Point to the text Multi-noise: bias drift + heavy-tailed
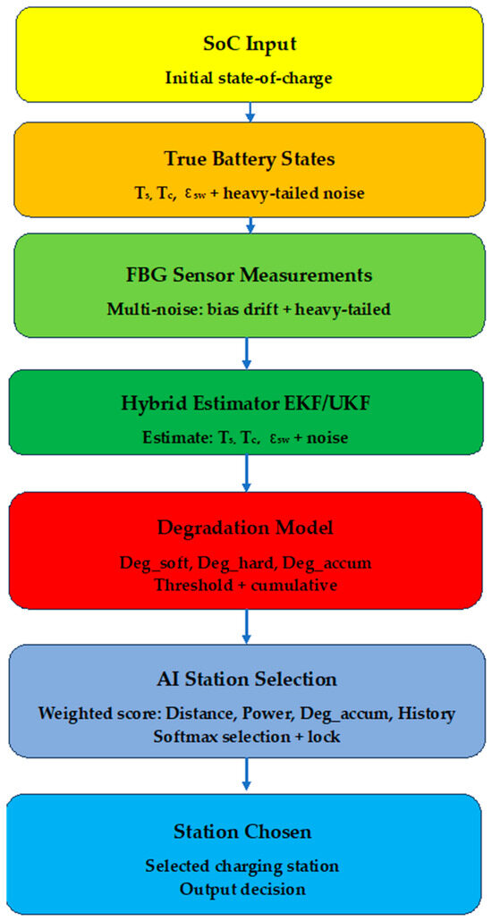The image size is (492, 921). point(249,309)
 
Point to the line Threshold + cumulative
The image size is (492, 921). point(246,586)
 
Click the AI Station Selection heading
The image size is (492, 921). point(246,680)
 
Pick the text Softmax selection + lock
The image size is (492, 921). point(246,735)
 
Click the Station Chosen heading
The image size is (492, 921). point(242,832)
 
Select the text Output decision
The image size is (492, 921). point(242,888)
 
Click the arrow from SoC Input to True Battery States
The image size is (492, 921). point(250,112)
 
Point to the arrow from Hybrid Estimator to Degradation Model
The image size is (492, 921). point(247,473)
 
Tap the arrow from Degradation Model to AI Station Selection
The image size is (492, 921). point(247,627)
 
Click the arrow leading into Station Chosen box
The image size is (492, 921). point(247,775)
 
